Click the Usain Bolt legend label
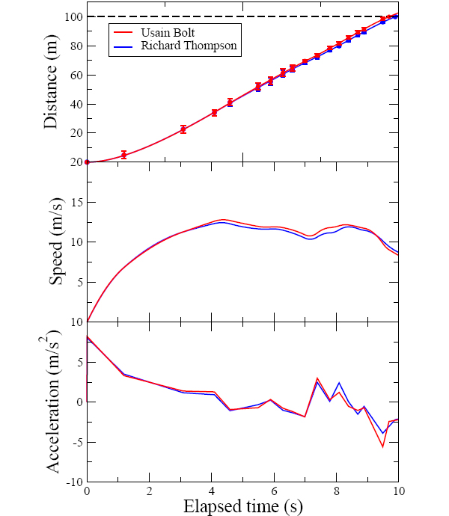pos(174,31)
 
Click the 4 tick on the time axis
pos(212,491)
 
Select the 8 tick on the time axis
pos(336,491)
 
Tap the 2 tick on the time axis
pos(149,491)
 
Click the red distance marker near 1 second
pos(124,155)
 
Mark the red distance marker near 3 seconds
pos(183,129)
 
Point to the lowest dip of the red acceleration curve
pos(383,446)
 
